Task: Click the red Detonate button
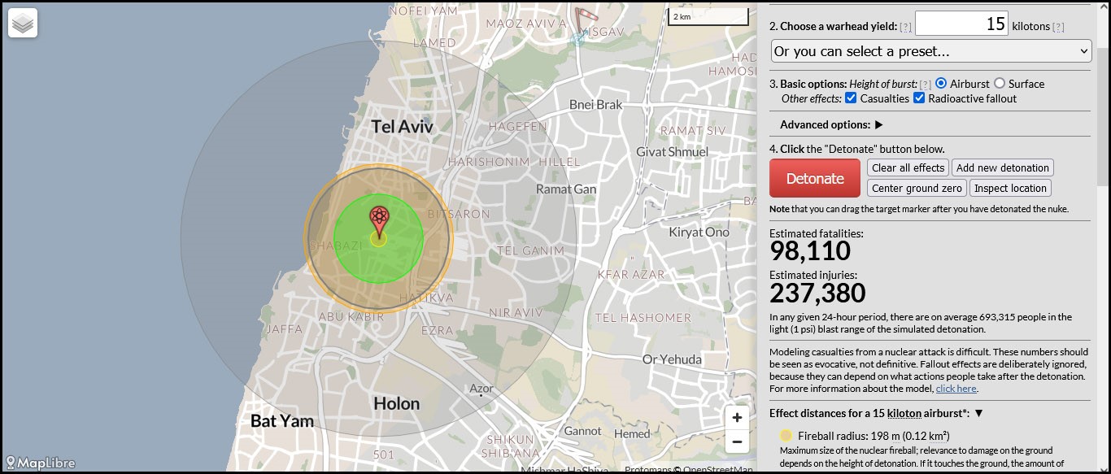(x=814, y=178)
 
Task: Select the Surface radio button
(x=1000, y=84)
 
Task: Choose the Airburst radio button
(x=941, y=84)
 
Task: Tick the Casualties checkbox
(x=851, y=98)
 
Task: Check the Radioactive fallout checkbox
(x=919, y=98)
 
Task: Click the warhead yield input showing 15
(x=961, y=24)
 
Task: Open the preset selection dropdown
(x=930, y=51)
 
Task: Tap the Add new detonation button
(x=1002, y=168)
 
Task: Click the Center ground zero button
(x=917, y=189)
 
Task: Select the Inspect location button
(x=1010, y=189)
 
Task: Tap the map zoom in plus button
(x=737, y=418)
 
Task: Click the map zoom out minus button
(x=737, y=442)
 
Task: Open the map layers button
(x=23, y=24)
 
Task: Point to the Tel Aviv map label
(x=402, y=127)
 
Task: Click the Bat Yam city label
(x=281, y=421)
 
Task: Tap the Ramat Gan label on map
(x=566, y=189)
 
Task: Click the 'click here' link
(x=956, y=389)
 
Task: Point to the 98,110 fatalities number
(x=810, y=250)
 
